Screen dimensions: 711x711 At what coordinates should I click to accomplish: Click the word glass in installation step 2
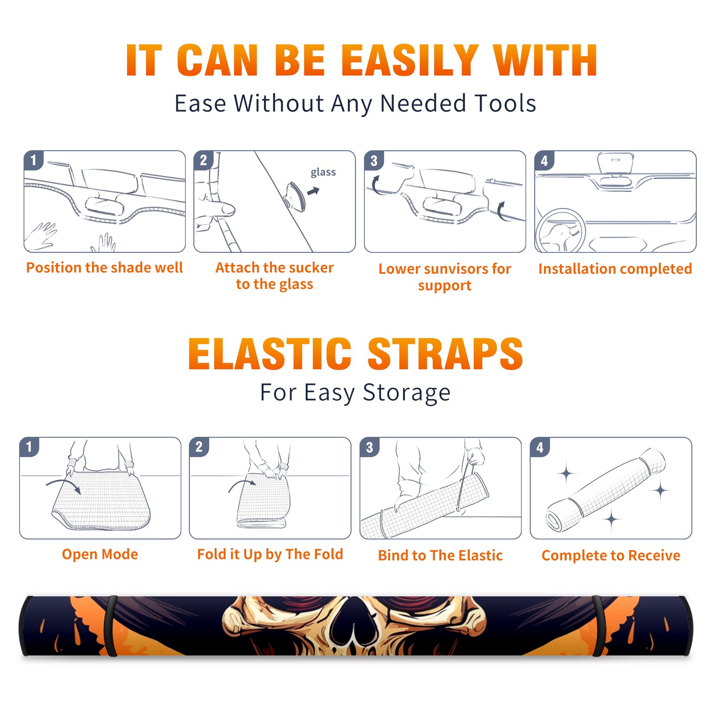pyautogui.click(x=323, y=172)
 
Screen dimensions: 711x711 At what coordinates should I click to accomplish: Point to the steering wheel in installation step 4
pyautogui.click(x=560, y=231)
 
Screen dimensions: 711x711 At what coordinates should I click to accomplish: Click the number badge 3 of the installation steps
pyautogui.click(x=374, y=160)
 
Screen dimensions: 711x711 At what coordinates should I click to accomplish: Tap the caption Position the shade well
pyautogui.click(x=104, y=268)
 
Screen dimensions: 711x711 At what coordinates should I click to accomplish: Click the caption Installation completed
pyautogui.click(x=615, y=268)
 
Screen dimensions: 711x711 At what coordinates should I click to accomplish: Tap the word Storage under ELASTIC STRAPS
pyautogui.click(x=407, y=393)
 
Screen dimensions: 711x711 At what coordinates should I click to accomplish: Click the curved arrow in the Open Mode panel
pyautogui.click(x=64, y=485)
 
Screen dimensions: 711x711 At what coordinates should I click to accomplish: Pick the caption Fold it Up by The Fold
pyautogui.click(x=270, y=554)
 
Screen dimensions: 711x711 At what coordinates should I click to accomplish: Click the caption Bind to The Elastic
pyautogui.click(x=440, y=555)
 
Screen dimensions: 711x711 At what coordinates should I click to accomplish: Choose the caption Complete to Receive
pyautogui.click(x=611, y=555)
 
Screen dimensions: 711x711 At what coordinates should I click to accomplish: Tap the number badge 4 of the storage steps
pyautogui.click(x=540, y=447)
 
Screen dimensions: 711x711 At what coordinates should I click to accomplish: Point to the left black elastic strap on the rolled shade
pyautogui.click(x=110, y=626)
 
